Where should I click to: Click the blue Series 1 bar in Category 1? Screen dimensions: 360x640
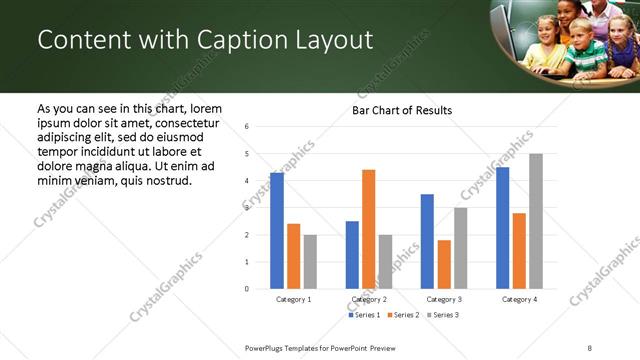(x=277, y=231)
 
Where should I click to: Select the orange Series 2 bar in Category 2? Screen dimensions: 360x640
(x=369, y=229)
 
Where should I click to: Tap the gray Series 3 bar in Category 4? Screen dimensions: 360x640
(x=536, y=221)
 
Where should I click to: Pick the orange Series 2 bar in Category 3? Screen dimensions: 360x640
(x=444, y=264)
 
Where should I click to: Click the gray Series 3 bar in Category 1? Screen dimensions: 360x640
(x=310, y=262)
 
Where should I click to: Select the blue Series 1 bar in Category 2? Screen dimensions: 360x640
(x=352, y=255)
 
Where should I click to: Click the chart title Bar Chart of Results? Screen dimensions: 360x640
(x=402, y=110)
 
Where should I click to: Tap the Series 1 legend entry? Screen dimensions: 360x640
(x=364, y=315)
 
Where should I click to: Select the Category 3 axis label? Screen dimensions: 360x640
(x=444, y=299)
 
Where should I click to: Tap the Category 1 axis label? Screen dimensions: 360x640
(x=294, y=299)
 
